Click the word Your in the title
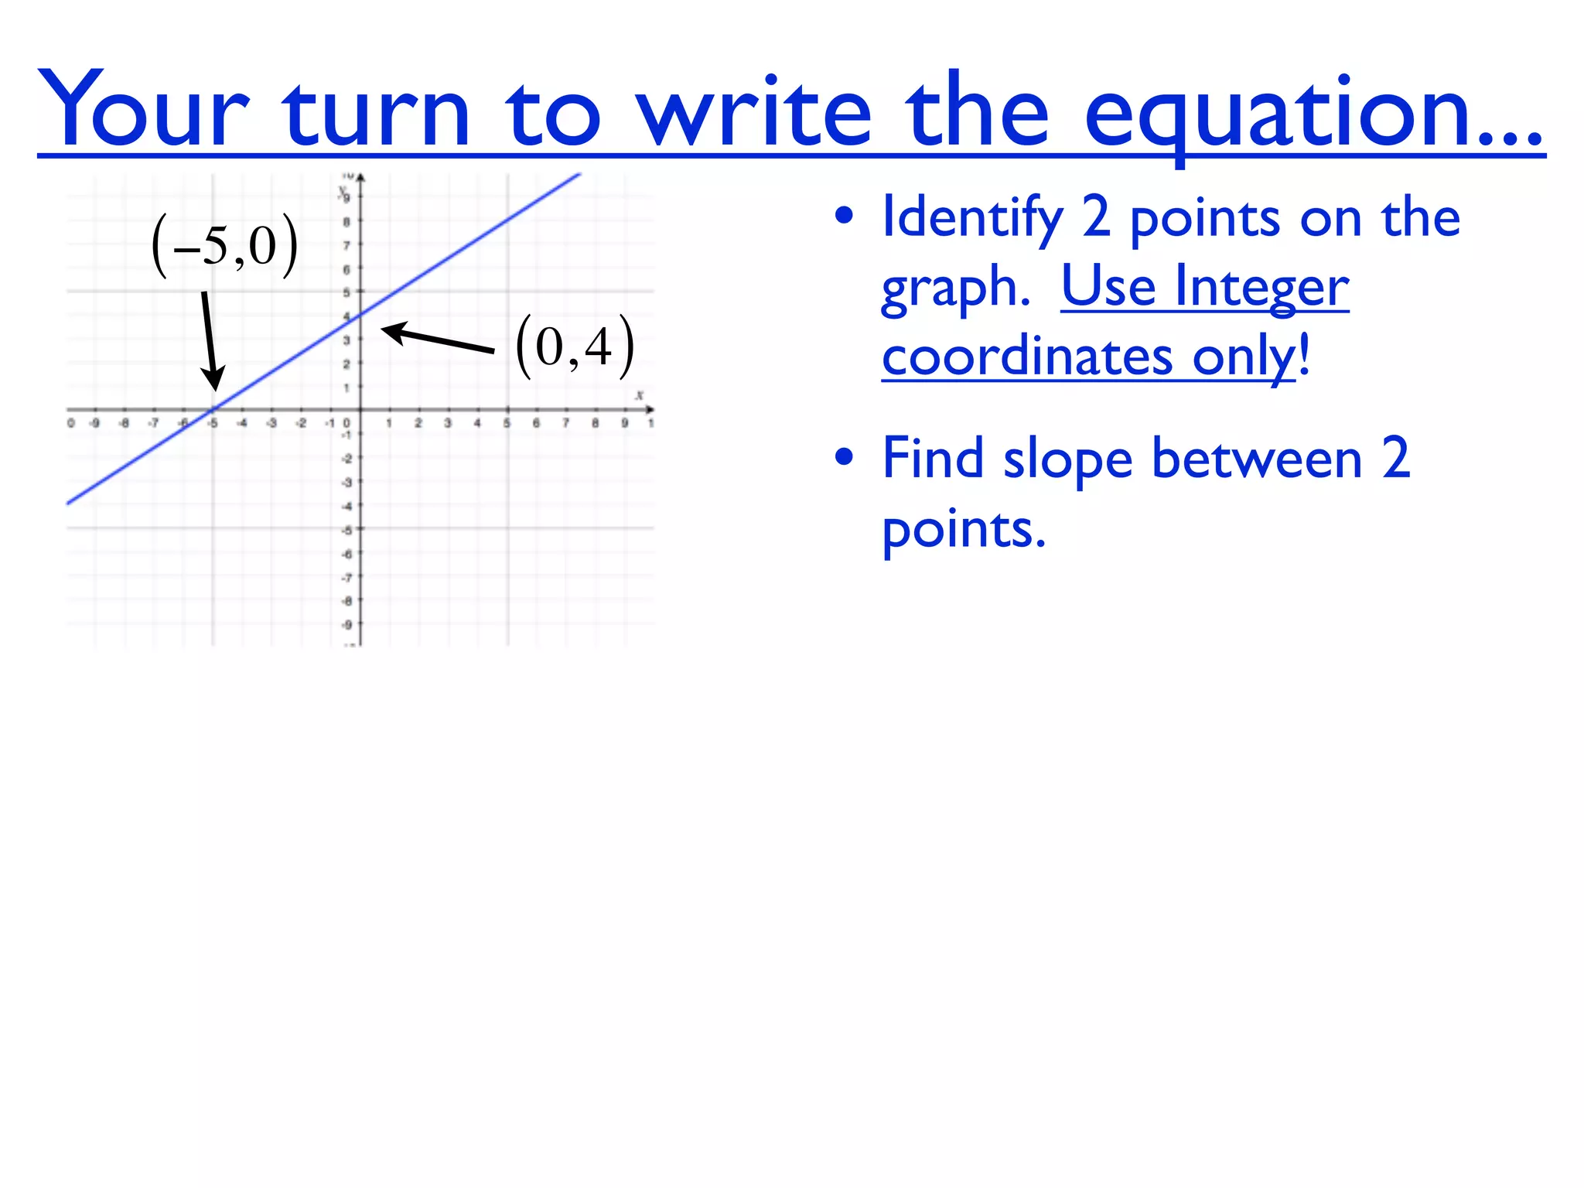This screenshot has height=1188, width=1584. coord(144,110)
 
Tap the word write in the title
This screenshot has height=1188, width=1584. coord(754,110)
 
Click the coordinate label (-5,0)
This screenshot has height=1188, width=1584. coord(225,246)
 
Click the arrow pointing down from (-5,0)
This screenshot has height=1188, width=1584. coord(210,340)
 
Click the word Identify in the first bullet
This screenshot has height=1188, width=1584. coord(973,219)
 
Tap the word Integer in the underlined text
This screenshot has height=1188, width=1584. coord(1261,287)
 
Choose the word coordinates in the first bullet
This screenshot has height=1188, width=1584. coord(1027,357)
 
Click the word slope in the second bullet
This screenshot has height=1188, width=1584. coord(1067,460)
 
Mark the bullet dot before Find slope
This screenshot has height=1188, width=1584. coord(844,457)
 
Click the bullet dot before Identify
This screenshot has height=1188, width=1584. coord(844,217)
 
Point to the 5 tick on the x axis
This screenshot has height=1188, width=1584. coord(507,423)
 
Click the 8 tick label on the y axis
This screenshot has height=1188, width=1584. coord(346,222)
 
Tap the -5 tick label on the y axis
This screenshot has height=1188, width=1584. coord(346,531)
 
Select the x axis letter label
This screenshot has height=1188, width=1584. coord(639,396)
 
